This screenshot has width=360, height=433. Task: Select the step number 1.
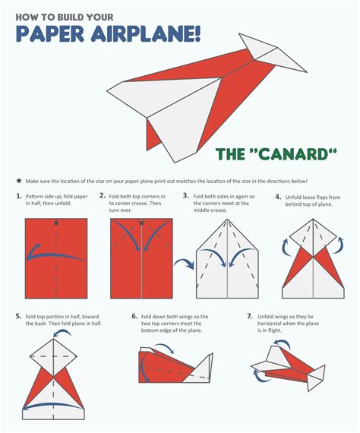point(17,197)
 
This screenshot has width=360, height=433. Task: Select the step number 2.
point(102,197)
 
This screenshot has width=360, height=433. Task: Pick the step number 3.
point(186,197)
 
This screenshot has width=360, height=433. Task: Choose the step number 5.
point(18,315)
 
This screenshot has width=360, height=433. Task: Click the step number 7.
point(249,315)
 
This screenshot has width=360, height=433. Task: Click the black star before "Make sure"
point(18,181)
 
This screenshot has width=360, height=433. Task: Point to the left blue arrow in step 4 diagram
point(286,245)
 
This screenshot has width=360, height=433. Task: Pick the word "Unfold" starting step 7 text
point(270,315)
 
